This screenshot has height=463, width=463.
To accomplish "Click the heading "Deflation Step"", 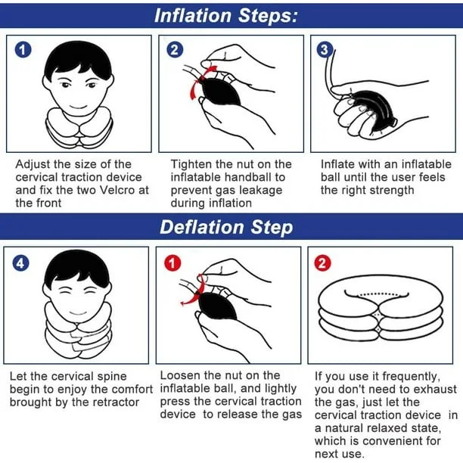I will [x=225, y=227].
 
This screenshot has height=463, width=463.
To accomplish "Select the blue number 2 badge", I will [x=176, y=50].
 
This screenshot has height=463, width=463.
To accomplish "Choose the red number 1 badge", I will [x=174, y=263].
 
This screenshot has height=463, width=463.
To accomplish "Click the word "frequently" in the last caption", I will [x=409, y=375].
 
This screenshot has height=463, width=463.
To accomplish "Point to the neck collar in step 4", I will [x=76, y=329].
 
